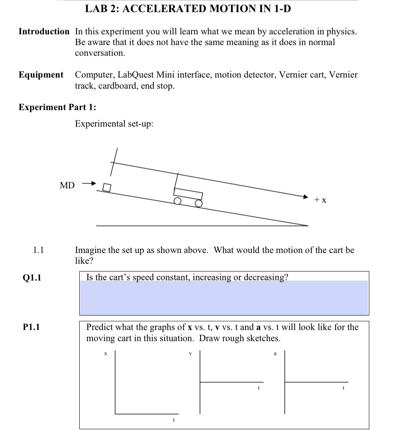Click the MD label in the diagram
point(67,186)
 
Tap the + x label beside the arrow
point(320,200)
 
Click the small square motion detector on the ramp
point(107,188)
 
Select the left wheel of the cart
point(177,201)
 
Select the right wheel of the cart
point(199,203)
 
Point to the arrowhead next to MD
point(94,183)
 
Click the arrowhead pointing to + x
point(306,197)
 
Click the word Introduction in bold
point(44,32)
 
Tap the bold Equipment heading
point(41,75)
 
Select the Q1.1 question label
point(32,278)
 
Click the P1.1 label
point(32,327)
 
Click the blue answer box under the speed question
point(224,298)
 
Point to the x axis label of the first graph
point(106,353)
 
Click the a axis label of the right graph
point(275,353)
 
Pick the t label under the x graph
point(174,420)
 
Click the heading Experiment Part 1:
point(58,107)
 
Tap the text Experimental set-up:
point(114,124)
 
